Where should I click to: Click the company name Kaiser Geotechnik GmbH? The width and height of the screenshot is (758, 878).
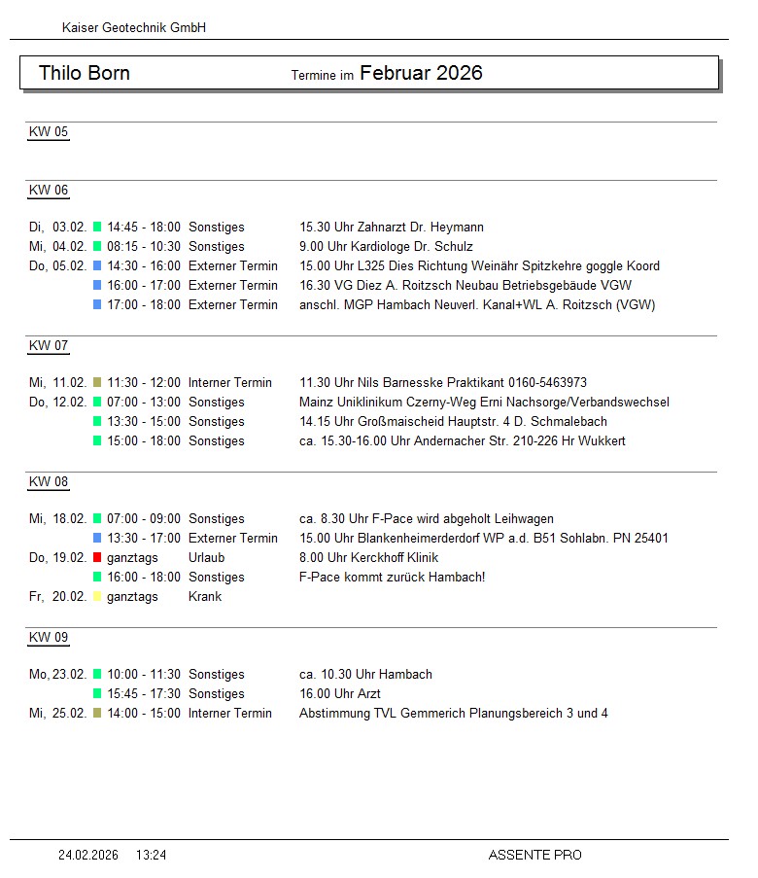coord(134,28)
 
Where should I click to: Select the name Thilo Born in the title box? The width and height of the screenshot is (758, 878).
coord(85,74)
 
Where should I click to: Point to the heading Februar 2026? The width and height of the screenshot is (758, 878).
coord(421,73)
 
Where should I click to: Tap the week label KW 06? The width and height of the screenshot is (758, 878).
coord(49,191)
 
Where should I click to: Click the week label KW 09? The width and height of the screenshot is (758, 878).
coord(49,638)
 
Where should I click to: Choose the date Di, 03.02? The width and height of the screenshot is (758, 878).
coord(57,228)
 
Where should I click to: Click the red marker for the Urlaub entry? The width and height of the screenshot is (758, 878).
coord(97,558)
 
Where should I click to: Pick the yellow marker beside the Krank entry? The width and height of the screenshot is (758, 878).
coord(97,597)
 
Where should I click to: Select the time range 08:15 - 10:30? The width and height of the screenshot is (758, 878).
coord(144,247)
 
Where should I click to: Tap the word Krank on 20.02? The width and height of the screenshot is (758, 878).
coord(205,597)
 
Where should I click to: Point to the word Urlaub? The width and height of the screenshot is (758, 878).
coord(206,558)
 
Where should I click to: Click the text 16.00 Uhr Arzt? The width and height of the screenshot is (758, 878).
coord(340,694)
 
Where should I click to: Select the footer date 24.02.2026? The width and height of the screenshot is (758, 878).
coord(88,856)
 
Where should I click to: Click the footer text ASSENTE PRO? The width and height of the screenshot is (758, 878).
coord(534,856)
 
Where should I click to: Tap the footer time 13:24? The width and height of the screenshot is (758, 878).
coord(151,856)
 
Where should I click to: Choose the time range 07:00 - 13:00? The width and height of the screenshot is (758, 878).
coord(144,403)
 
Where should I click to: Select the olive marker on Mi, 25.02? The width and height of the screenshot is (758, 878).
coord(97,714)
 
